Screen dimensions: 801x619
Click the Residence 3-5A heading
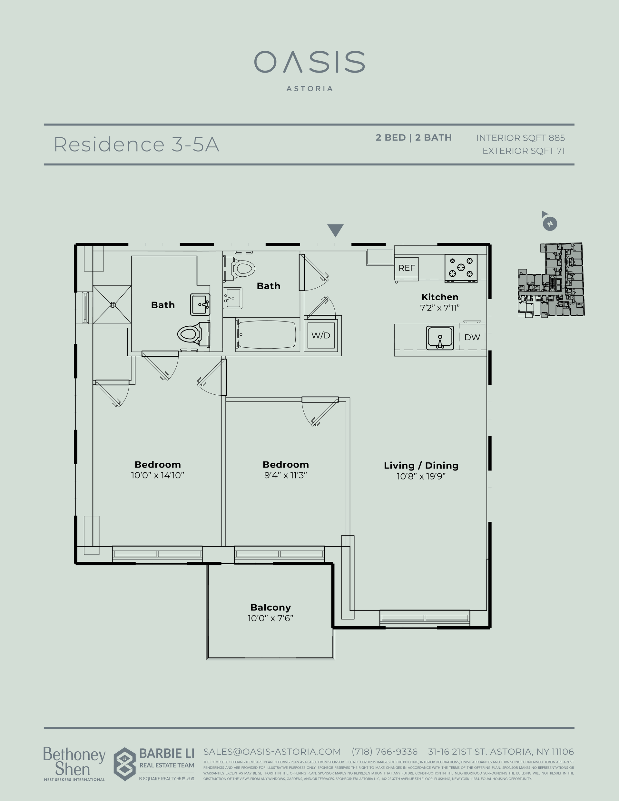point(136,144)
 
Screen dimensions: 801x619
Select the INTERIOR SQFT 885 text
point(520,138)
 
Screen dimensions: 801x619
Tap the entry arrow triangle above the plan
point(335,230)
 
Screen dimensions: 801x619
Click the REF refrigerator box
point(406,268)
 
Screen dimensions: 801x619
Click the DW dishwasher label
point(472,337)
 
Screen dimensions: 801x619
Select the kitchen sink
point(440,337)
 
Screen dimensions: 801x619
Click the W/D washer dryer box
point(321,335)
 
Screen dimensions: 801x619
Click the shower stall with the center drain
point(112,304)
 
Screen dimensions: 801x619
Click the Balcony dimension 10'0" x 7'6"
point(270,618)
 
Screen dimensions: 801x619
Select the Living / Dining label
point(421,465)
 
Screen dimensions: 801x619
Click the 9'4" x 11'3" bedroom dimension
point(285,475)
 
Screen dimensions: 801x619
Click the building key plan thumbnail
point(551,280)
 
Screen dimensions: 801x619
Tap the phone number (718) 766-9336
point(384,751)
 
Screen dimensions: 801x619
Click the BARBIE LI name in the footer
point(166,754)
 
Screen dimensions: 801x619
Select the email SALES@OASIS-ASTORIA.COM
point(272,751)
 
